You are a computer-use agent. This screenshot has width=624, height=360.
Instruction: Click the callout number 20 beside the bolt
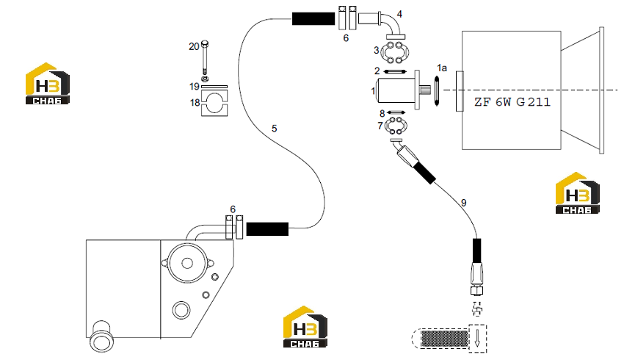(x=194, y=46)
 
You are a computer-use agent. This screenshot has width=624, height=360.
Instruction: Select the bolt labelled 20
(x=205, y=57)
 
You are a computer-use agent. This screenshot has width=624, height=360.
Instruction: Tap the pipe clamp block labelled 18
(x=214, y=104)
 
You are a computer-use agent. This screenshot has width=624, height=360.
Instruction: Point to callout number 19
(x=195, y=87)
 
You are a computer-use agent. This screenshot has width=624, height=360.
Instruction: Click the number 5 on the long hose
(x=275, y=129)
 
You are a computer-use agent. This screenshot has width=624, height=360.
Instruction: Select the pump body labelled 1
(x=398, y=90)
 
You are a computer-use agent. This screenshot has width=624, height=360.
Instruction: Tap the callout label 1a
(x=442, y=68)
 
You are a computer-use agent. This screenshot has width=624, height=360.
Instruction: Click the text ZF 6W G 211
(x=512, y=102)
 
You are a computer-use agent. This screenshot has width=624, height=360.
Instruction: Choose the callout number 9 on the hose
(x=464, y=203)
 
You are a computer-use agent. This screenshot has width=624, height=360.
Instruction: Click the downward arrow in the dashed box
(x=478, y=338)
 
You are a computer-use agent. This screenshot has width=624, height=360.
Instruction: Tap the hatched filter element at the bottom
(x=445, y=339)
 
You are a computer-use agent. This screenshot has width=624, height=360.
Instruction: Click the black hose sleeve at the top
(x=313, y=18)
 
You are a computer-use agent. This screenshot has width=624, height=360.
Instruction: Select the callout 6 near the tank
(x=233, y=209)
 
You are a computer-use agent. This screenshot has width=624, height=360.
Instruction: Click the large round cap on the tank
(x=187, y=263)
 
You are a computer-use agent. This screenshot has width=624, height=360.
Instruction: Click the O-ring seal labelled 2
(x=395, y=72)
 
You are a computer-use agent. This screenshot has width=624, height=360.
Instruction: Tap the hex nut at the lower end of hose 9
(x=476, y=290)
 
